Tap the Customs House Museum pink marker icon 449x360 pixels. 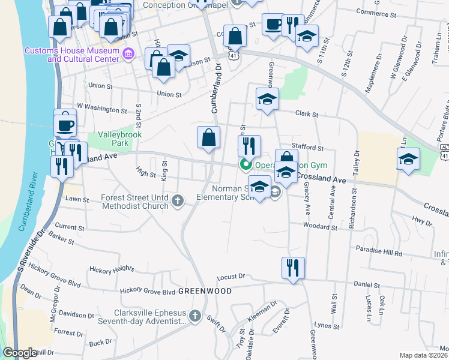pos(128,55)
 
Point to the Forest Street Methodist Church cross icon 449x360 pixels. pos(177,200)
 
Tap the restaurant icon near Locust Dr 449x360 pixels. pos(293,267)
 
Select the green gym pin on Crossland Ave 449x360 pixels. pos(246,165)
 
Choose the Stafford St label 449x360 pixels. pos(308,147)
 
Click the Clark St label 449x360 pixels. pos(306,113)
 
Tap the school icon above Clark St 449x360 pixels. pos(268,99)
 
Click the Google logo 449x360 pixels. pos(19,353)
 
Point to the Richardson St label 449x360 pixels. pos(355,203)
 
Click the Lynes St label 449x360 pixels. pos(327,327)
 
